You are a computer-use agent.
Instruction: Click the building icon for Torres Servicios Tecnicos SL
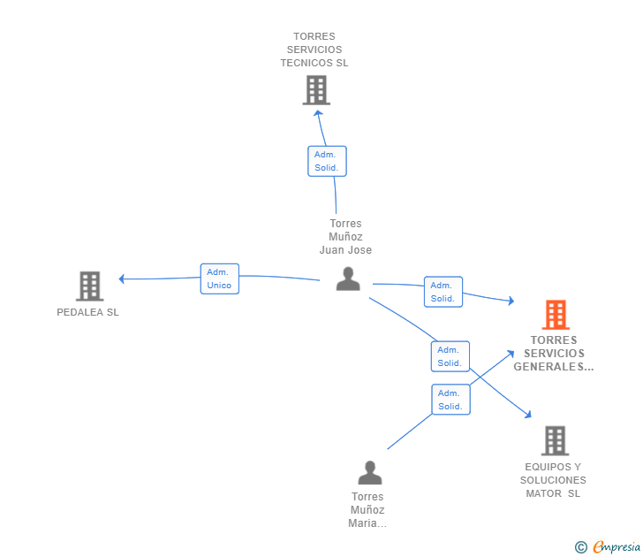[315, 90]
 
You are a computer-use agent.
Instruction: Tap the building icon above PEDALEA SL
[89, 286]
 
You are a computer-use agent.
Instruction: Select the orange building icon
[555, 315]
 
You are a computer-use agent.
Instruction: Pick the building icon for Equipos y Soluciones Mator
[554, 440]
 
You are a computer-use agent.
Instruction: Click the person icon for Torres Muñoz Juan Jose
[348, 279]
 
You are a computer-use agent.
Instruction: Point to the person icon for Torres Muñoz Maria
[369, 473]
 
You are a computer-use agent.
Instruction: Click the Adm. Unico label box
[219, 278]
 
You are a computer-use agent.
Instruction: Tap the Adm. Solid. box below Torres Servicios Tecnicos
[326, 161]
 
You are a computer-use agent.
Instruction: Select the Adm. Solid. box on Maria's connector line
[450, 400]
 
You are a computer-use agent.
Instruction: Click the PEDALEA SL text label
[87, 313]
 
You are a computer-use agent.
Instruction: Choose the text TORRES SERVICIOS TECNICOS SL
[314, 50]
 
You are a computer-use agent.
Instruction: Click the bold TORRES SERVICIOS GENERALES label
[554, 353]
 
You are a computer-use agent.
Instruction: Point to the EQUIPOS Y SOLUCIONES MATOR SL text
[553, 480]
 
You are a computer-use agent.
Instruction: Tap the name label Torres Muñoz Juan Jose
[345, 237]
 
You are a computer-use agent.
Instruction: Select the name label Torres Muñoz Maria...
[367, 510]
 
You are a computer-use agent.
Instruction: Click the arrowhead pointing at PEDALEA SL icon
[123, 279]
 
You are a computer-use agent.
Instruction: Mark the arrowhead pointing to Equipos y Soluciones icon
[527, 414]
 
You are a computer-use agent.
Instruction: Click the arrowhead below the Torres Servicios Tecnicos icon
[318, 112]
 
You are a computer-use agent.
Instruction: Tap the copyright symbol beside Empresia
[581, 547]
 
